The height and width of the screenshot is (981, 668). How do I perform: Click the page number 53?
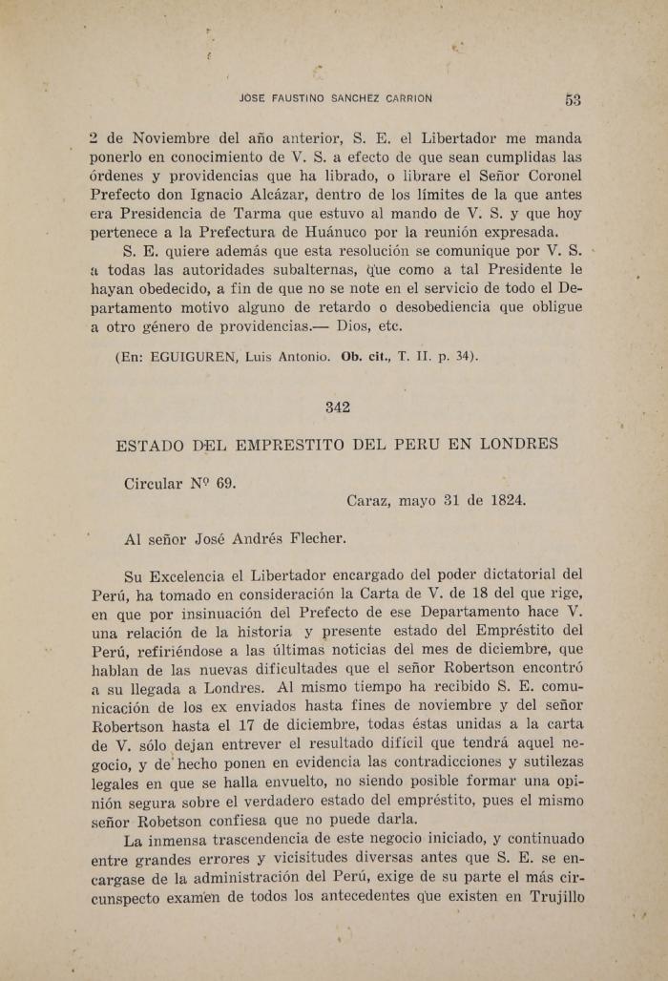tap(573, 99)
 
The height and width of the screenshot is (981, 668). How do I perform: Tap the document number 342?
tap(338, 407)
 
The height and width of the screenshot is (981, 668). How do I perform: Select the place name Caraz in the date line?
tap(368, 500)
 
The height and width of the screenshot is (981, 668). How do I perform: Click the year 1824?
tap(504, 500)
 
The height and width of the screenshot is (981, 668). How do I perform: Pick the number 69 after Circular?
tap(225, 484)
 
